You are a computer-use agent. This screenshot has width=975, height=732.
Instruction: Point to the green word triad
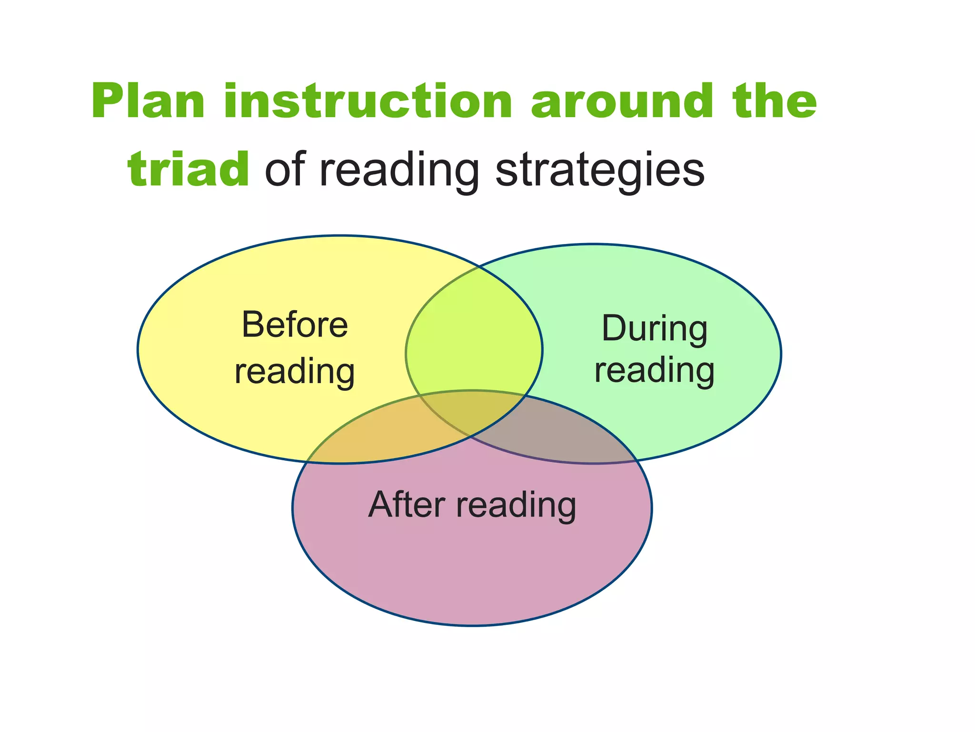[x=189, y=169]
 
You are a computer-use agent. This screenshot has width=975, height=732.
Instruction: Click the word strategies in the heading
[x=600, y=171]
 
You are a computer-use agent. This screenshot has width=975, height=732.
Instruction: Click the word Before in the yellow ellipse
[x=295, y=325]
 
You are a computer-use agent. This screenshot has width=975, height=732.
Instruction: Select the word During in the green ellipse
[x=655, y=329]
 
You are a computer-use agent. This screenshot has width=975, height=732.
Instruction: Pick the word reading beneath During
[x=655, y=372]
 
